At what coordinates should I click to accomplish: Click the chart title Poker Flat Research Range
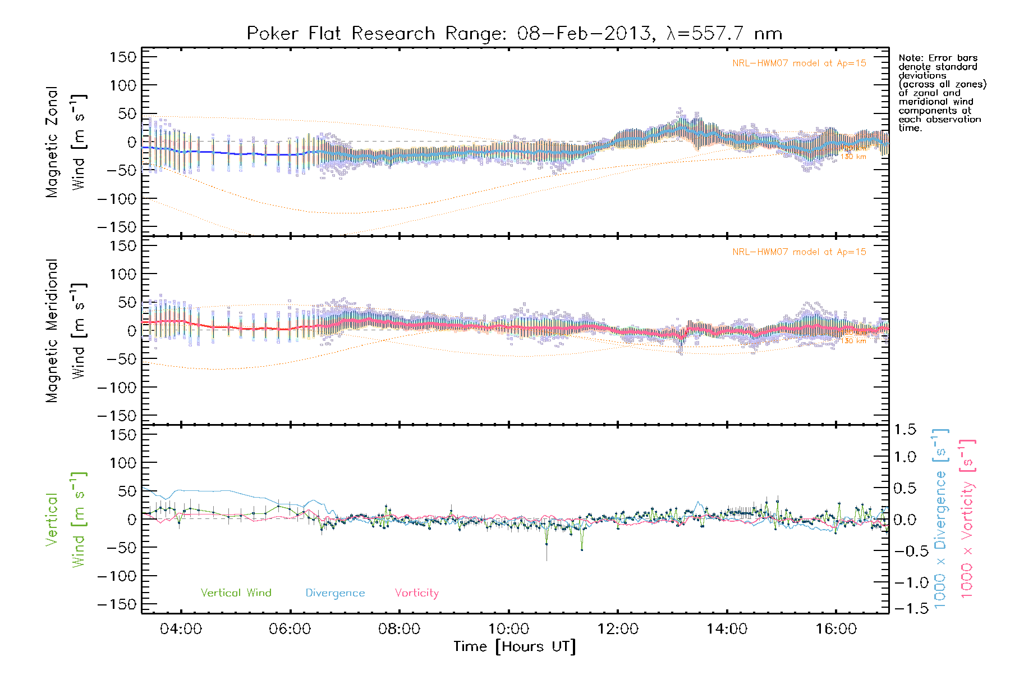pos(514,34)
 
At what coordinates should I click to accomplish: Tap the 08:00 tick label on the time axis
pos(399,629)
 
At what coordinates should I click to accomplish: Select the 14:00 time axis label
pos(727,629)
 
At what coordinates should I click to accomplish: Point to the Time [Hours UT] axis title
pos(515,647)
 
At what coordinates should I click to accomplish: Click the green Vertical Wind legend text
pos(236,593)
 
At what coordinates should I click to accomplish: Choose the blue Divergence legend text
pos(335,593)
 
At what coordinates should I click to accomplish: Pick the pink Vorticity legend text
pos(416,593)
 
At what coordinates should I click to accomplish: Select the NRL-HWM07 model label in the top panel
pos(799,63)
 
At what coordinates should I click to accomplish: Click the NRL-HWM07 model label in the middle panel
pos(799,252)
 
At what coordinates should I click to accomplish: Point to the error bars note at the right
pos(942,93)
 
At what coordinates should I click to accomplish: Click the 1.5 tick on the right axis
pos(905,430)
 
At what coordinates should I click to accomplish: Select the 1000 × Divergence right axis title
pos(940,518)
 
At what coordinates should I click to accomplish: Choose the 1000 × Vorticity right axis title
pos(967,518)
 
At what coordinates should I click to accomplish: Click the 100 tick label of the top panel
pos(123,85)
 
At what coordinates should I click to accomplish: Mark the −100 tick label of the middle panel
pos(117,388)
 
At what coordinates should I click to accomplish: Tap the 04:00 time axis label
pos(181,629)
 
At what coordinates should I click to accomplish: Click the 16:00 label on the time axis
pos(836,629)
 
